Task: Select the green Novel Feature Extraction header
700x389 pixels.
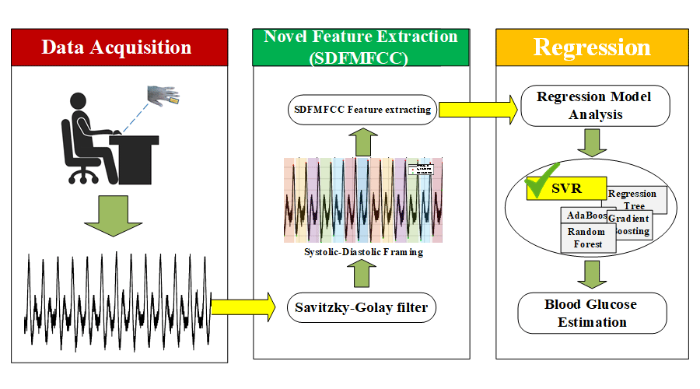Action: click(x=361, y=47)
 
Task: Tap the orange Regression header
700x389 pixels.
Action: click(x=592, y=47)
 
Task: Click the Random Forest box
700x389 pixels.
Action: click(x=586, y=237)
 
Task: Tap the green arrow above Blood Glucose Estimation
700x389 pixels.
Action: click(x=593, y=273)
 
